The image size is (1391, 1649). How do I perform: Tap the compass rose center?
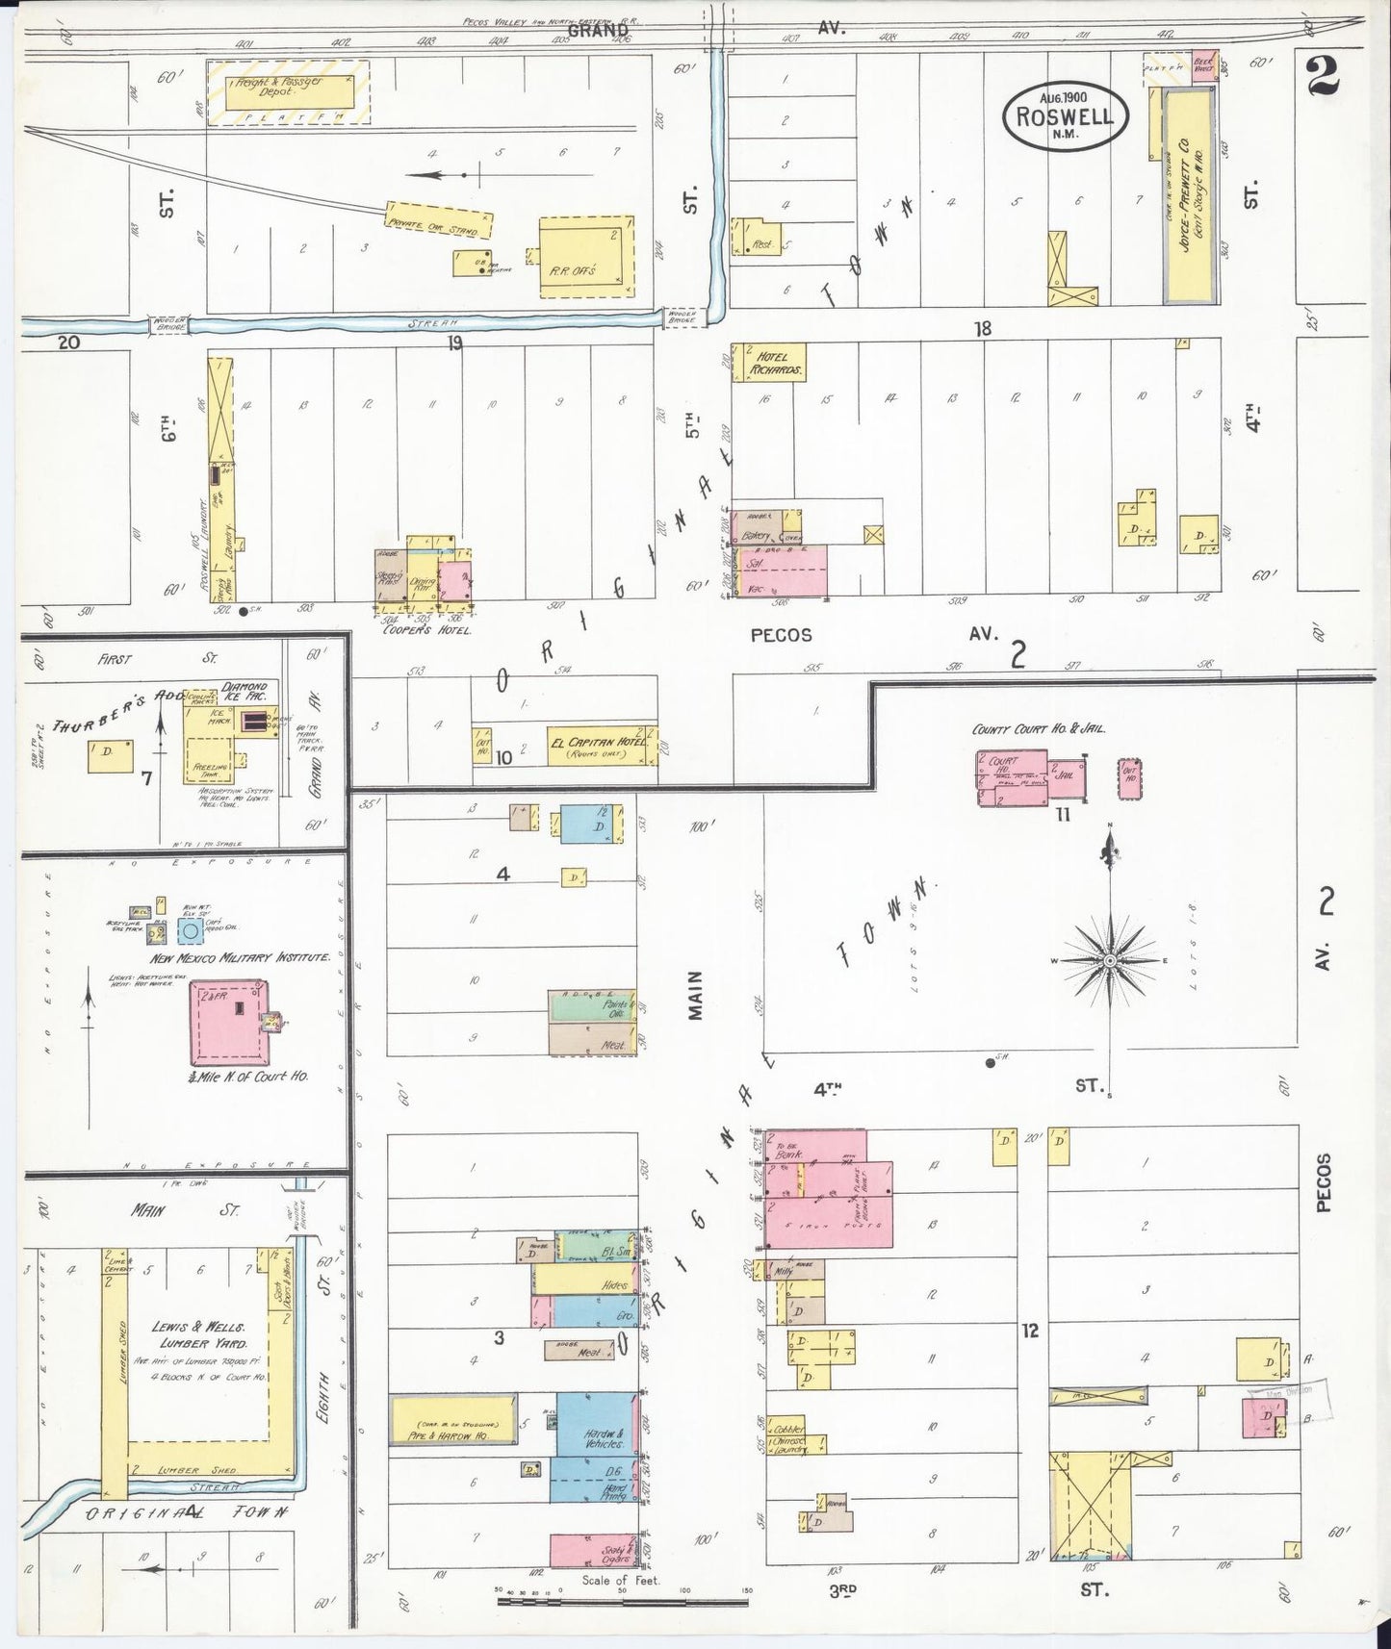click(x=1110, y=961)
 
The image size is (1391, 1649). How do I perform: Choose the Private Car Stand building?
click(x=438, y=219)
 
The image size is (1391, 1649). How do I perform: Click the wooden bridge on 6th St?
click(x=167, y=326)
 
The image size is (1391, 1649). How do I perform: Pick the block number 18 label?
click(x=981, y=329)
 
